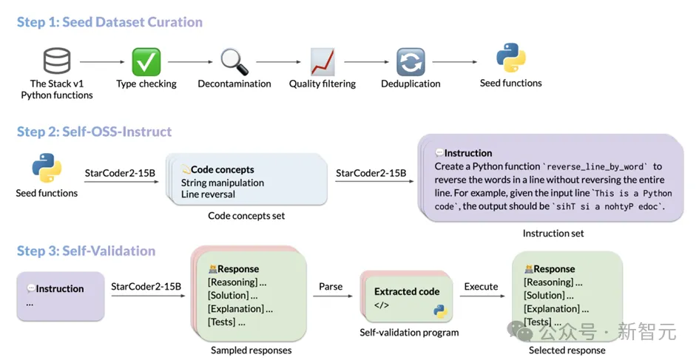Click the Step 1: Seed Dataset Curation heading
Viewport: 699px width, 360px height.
click(x=109, y=22)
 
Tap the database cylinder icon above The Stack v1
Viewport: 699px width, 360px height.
click(x=57, y=61)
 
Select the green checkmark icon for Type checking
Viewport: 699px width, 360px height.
click(x=146, y=61)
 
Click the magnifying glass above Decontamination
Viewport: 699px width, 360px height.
click(x=234, y=61)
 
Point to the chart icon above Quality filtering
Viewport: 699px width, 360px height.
click(x=323, y=61)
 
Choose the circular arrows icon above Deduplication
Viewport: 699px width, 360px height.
click(x=411, y=62)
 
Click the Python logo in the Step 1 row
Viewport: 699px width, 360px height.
click(x=510, y=58)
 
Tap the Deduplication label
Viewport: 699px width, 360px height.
click(x=411, y=84)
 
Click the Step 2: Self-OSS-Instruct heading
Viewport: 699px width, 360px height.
click(x=94, y=132)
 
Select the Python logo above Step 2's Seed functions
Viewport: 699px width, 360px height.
click(x=47, y=168)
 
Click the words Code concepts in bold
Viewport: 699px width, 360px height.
click(x=222, y=169)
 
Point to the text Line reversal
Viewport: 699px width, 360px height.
click(x=208, y=194)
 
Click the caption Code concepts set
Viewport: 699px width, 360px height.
click(x=246, y=216)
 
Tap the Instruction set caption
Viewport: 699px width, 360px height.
click(x=553, y=233)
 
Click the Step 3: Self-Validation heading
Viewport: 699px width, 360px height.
click(x=86, y=251)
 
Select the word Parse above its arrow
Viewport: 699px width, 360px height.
click(x=330, y=286)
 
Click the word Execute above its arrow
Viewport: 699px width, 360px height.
click(x=482, y=286)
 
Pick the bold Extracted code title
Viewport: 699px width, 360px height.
click(x=406, y=291)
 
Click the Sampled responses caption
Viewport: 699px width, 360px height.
click(x=251, y=350)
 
